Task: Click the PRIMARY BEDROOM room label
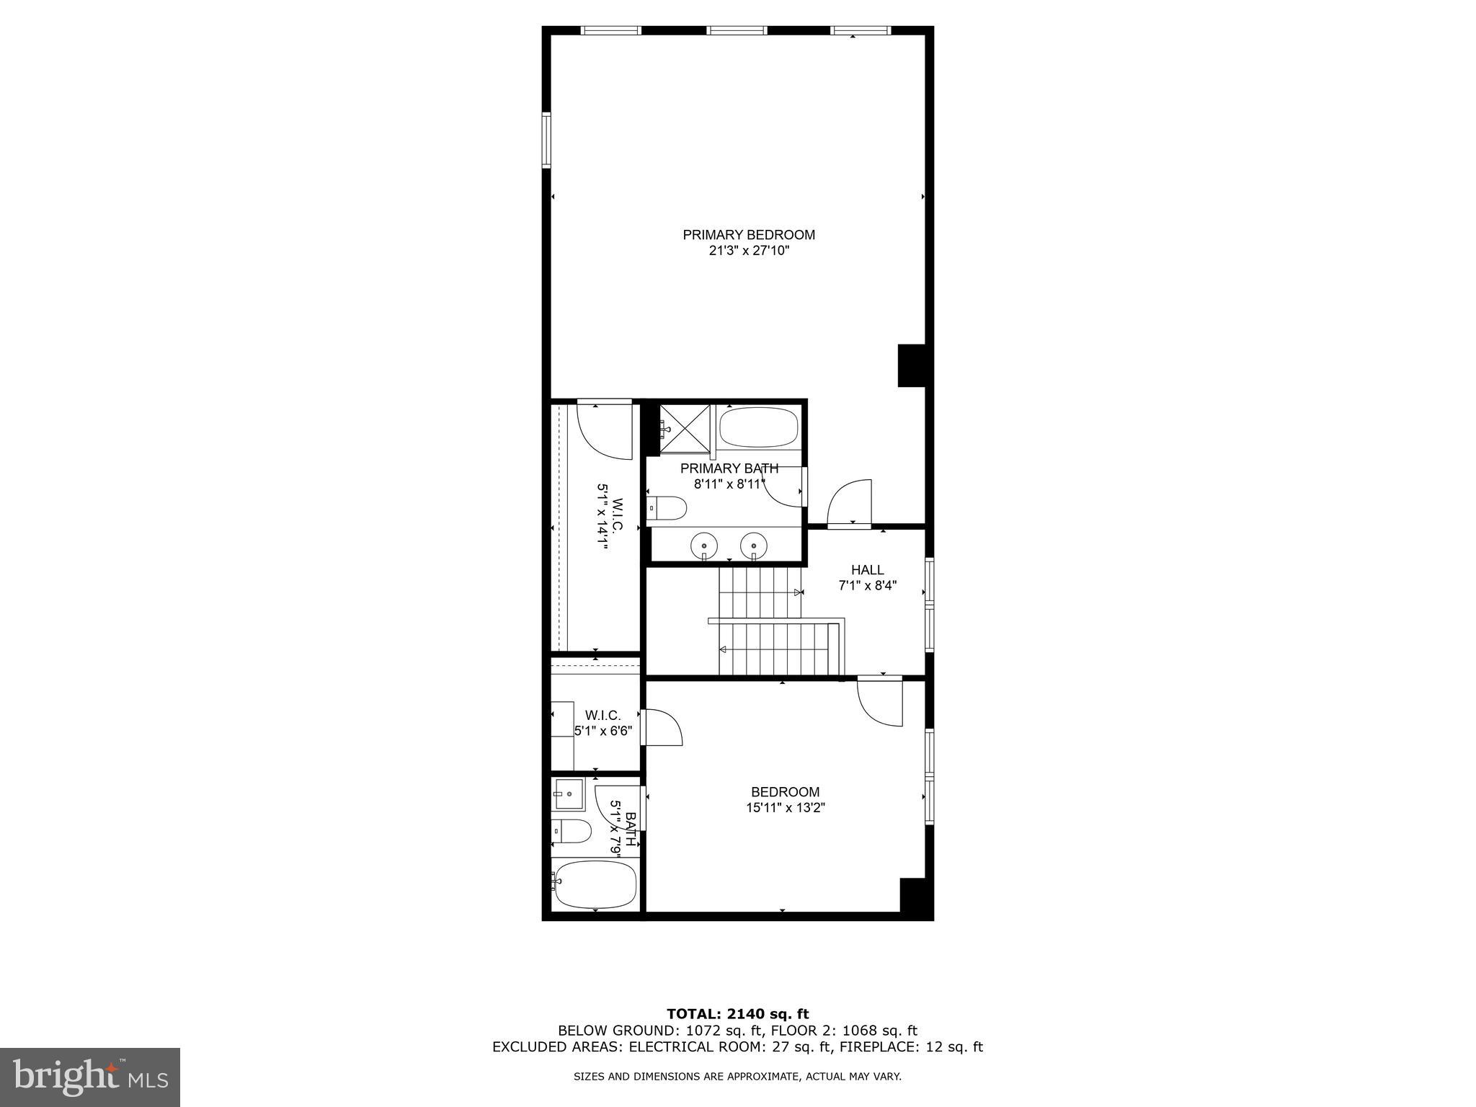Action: [749, 235]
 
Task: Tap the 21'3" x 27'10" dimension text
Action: [749, 252]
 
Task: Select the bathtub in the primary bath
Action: [758, 427]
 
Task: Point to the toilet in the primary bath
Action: [666, 509]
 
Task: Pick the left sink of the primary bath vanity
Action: [704, 545]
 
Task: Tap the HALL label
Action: [867, 570]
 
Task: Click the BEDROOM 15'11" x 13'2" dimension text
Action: [785, 808]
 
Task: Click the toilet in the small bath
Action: [571, 831]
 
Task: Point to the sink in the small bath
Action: [567, 793]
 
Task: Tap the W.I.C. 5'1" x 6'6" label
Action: [603, 723]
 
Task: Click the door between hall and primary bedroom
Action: [850, 504]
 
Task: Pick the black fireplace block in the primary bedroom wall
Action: [912, 365]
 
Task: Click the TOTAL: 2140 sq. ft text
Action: [737, 1015]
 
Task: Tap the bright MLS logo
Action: [89, 1076]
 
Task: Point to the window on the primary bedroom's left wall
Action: [546, 140]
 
